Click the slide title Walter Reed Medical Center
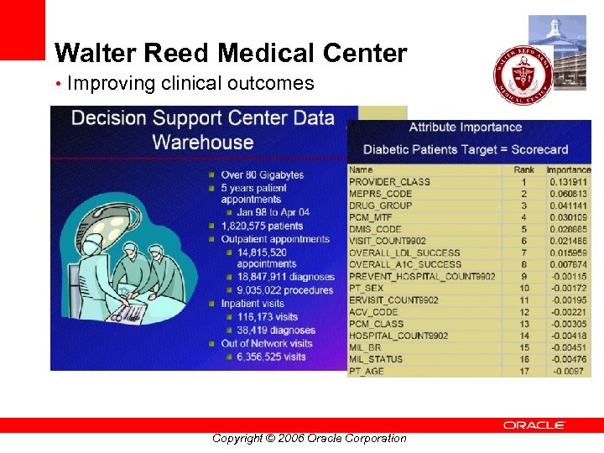click(231, 54)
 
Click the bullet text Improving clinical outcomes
click(190, 84)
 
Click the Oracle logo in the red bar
click(534, 425)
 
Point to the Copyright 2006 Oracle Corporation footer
click(309, 438)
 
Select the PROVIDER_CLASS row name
click(389, 182)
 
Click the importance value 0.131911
click(568, 182)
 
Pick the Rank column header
click(523, 170)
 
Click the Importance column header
click(568, 170)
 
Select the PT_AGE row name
click(367, 371)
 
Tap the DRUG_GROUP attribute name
click(380, 206)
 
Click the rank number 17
click(523, 371)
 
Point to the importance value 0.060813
click(568, 194)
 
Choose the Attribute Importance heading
click(465, 128)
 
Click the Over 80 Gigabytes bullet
click(262, 175)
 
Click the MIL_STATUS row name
click(375, 359)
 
